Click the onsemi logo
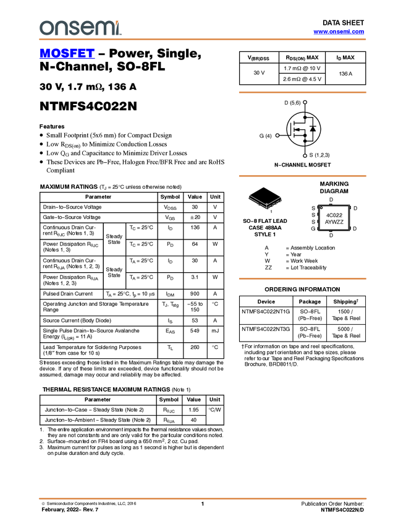[80, 28]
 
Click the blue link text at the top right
[339, 32]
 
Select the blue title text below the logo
[67, 54]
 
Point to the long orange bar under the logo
[203, 40]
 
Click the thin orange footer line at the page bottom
[203, 498]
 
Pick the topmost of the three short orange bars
[302, 92]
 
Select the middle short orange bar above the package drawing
[302, 176]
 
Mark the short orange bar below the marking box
[302, 279]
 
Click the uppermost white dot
[305, 102]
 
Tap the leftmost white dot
[277, 135]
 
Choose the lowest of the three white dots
[305, 155]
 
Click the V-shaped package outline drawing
[266, 202]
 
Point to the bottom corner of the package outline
[267, 207]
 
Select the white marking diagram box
[334, 218]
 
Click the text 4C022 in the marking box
[334, 215]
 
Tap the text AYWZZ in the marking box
[334, 222]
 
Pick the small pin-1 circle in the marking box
[322, 209]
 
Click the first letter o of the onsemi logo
[46, 28]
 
